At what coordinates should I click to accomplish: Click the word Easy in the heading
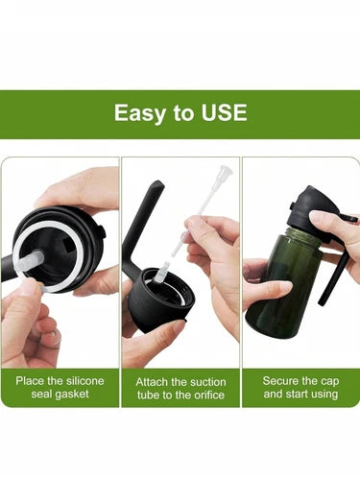(x=139, y=113)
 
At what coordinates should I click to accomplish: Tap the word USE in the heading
(x=224, y=112)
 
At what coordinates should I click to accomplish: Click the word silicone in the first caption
(x=84, y=381)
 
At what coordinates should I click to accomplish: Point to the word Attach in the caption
(x=152, y=382)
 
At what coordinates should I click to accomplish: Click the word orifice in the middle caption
(x=205, y=395)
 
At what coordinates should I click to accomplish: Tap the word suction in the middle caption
(x=208, y=382)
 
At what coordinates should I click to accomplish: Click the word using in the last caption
(x=324, y=394)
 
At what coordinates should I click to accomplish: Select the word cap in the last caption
(x=329, y=382)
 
